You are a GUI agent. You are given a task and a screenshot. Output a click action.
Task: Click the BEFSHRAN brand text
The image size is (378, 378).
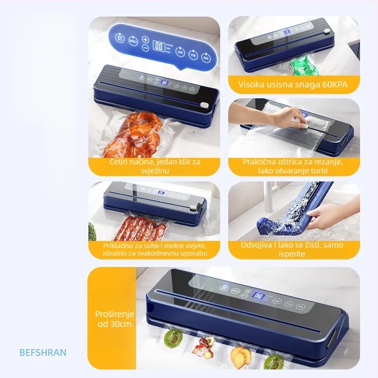pos(43,352)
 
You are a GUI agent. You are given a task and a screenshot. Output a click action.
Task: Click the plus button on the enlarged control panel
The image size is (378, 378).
pos(145,40)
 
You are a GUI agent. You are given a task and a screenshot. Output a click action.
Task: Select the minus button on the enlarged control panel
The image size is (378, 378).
pos(145,49)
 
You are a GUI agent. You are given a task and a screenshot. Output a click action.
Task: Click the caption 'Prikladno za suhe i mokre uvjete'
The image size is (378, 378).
pos(155,246)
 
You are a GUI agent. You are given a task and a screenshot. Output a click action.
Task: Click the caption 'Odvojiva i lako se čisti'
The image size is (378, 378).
pos(292,245)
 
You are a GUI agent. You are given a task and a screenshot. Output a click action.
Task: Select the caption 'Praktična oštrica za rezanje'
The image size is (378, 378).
pos(293,162)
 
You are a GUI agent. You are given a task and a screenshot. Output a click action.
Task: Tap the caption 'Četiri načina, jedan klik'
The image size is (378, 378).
pos(155,162)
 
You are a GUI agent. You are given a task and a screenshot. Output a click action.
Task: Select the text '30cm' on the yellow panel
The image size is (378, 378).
pos(122,324)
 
